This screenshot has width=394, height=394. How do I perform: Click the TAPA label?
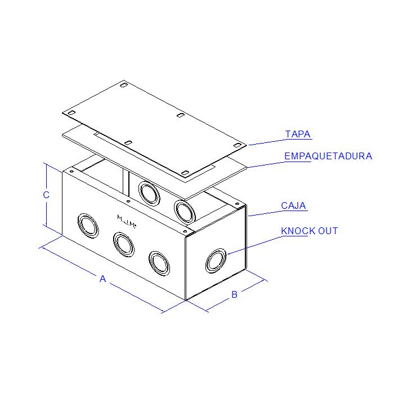(x=298, y=134)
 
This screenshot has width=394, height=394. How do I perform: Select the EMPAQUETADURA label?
(x=328, y=156)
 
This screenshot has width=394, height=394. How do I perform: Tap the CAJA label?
(x=293, y=205)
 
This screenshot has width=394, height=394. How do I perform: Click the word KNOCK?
(x=298, y=231)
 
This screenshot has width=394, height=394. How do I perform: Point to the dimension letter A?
(x=102, y=279)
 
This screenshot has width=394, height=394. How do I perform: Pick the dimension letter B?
(x=234, y=294)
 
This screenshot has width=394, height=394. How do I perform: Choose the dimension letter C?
(x=46, y=195)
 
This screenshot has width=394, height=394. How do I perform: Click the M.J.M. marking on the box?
(x=127, y=222)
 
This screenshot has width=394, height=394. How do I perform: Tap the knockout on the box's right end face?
(x=216, y=261)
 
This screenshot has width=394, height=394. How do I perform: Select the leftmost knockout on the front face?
(x=88, y=226)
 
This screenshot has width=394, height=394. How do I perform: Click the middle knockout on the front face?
(x=124, y=244)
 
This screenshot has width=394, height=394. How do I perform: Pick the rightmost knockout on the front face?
(x=159, y=263)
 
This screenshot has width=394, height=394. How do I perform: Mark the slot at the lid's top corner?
(x=123, y=85)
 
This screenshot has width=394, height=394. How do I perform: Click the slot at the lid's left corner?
(x=71, y=113)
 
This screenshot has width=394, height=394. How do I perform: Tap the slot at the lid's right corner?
(x=237, y=145)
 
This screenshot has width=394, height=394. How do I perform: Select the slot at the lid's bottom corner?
(x=185, y=173)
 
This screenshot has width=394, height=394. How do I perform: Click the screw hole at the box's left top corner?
(x=71, y=171)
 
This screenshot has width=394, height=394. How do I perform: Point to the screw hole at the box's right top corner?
(x=237, y=204)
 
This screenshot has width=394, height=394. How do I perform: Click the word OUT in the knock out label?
(x=328, y=231)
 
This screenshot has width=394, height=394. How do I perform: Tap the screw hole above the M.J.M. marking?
(x=128, y=202)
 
